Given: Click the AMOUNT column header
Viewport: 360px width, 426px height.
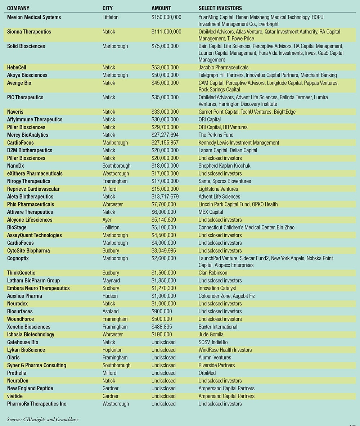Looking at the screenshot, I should pyautogui.click(x=161, y=8).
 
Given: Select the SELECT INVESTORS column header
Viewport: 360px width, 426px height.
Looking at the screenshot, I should pyautogui.click(x=220, y=8).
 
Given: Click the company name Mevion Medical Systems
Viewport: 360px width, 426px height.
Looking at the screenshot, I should pyautogui.click(x=34, y=17).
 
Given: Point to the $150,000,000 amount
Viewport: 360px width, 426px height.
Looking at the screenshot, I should pyautogui.click(x=166, y=17).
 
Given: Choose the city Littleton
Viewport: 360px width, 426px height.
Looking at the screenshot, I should pyautogui.click(x=111, y=17).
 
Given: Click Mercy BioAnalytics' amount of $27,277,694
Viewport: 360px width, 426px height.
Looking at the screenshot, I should pyautogui.click(x=165, y=135).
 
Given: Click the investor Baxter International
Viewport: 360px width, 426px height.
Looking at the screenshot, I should pyautogui.click(x=218, y=327).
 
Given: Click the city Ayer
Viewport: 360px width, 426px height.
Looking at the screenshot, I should pyautogui.click(x=107, y=220).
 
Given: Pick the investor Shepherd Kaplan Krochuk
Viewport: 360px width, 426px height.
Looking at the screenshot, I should pyautogui.click(x=225, y=166).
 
